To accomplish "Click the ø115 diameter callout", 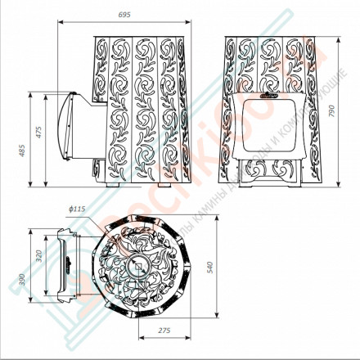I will tap(78, 209).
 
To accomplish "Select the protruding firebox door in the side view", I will tap(71, 130).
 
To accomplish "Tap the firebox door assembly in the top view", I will tap(64, 266).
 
